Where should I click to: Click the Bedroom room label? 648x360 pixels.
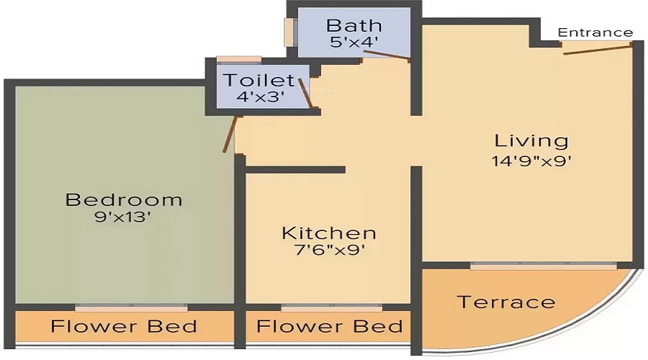coord(123,199)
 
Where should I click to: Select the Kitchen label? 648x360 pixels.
coord(328,233)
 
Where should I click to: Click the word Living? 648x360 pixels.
coord(531,140)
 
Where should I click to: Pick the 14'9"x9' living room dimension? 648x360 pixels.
coord(531,159)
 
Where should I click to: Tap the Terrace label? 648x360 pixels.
coord(506,302)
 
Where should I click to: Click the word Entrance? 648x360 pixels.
coord(595,32)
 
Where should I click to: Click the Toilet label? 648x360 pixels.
coord(258,80)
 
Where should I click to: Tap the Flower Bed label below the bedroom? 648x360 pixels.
coord(124,326)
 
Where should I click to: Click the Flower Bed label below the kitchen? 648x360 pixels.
coord(330,326)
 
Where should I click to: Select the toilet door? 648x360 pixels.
coord(307,93)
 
